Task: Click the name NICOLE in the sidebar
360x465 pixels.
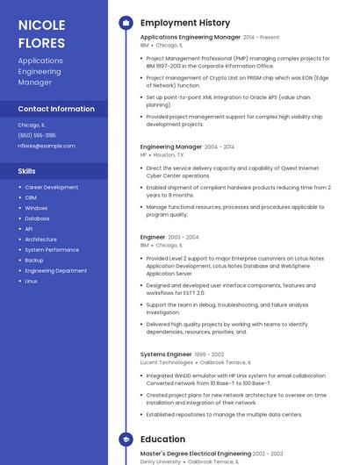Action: [x=41, y=25]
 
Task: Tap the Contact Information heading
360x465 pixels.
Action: [x=56, y=109]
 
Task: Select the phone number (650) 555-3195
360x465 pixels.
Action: [x=37, y=135]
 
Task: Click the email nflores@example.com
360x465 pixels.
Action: [x=47, y=146]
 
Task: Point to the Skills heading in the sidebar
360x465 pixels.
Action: [x=27, y=171]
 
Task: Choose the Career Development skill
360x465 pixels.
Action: [x=51, y=187]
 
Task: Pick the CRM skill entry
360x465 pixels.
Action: [x=30, y=197]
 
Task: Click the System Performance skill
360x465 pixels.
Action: [x=52, y=250]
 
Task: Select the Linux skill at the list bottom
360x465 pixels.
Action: [x=31, y=282]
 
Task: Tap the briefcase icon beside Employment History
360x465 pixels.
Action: [x=126, y=23]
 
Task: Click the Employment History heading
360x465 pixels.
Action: [x=185, y=23]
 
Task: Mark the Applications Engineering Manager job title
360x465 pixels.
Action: [x=190, y=38]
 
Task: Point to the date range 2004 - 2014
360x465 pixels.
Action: [x=220, y=147]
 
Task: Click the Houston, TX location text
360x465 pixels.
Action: [x=169, y=155]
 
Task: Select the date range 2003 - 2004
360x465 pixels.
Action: [x=184, y=237]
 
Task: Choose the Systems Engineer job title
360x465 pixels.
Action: [x=166, y=354]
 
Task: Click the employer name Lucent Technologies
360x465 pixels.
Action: [x=166, y=362]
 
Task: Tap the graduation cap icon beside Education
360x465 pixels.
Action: [x=126, y=440]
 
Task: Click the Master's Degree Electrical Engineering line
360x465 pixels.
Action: [x=195, y=454]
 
